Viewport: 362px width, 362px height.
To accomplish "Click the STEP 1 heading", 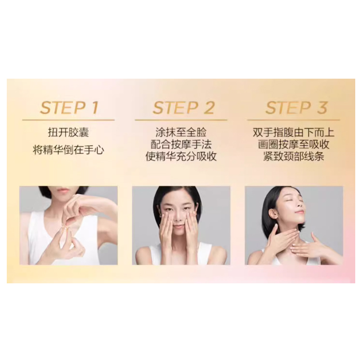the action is pyautogui.click(x=69, y=108).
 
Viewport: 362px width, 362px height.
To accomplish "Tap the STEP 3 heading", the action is pyautogui.click(x=296, y=108).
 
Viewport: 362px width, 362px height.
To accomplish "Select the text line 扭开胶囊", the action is pyautogui.click(x=69, y=133).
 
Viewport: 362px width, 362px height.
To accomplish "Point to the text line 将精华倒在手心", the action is pyautogui.click(x=69, y=150).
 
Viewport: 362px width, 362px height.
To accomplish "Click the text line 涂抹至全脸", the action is pyautogui.click(x=181, y=132).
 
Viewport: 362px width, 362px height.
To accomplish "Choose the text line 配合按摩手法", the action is pyautogui.click(x=181, y=144).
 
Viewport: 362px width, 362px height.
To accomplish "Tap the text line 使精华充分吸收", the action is pyautogui.click(x=181, y=156).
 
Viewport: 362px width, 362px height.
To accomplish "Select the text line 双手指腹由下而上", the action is pyautogui.click(x=293, y=132).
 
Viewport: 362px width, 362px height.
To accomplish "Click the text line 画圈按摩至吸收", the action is pyautogui.click(x=293, y=144).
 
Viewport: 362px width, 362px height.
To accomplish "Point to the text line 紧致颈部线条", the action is pyautogui.click(x=293, y=156).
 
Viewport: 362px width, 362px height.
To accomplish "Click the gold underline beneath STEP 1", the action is pyautogui.click(x=69, y=120).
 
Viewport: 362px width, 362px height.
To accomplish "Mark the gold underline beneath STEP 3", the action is pyautogui.click(x=293, y=120).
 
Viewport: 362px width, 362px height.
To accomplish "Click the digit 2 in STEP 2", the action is pyautogui.click(x=209, y=108).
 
